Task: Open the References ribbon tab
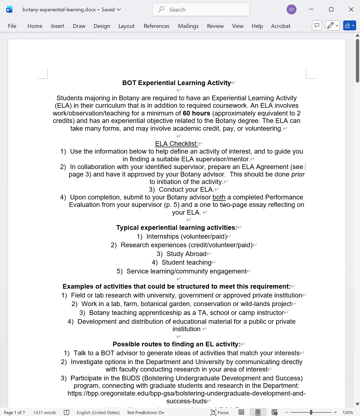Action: click(x=156, y=26)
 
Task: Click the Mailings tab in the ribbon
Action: click(x=188, y=26)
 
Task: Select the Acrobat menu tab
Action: click(x=280, y=26)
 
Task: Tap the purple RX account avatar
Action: click(x=292, y=9)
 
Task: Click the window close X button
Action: click(x=351, y=9)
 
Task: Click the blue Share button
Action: click(x=349, y=25)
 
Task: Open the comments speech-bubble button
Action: click(x=317, y=25)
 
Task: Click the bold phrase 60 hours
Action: click(x=196, y=113)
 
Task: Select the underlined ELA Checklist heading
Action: click(x=176, y=144)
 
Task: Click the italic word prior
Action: click(x=298, y=174)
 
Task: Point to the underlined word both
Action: click(x=219, y=197)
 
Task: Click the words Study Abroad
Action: click(x=186, y=254)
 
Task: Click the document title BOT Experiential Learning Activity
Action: click(x=176, y=83)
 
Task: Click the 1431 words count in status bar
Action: click(x=44, y=412)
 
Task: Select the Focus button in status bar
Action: click(x=220, y=412)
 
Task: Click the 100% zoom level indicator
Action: click(x=347, y=412)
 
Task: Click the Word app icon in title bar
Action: click(x=9, y=10)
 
